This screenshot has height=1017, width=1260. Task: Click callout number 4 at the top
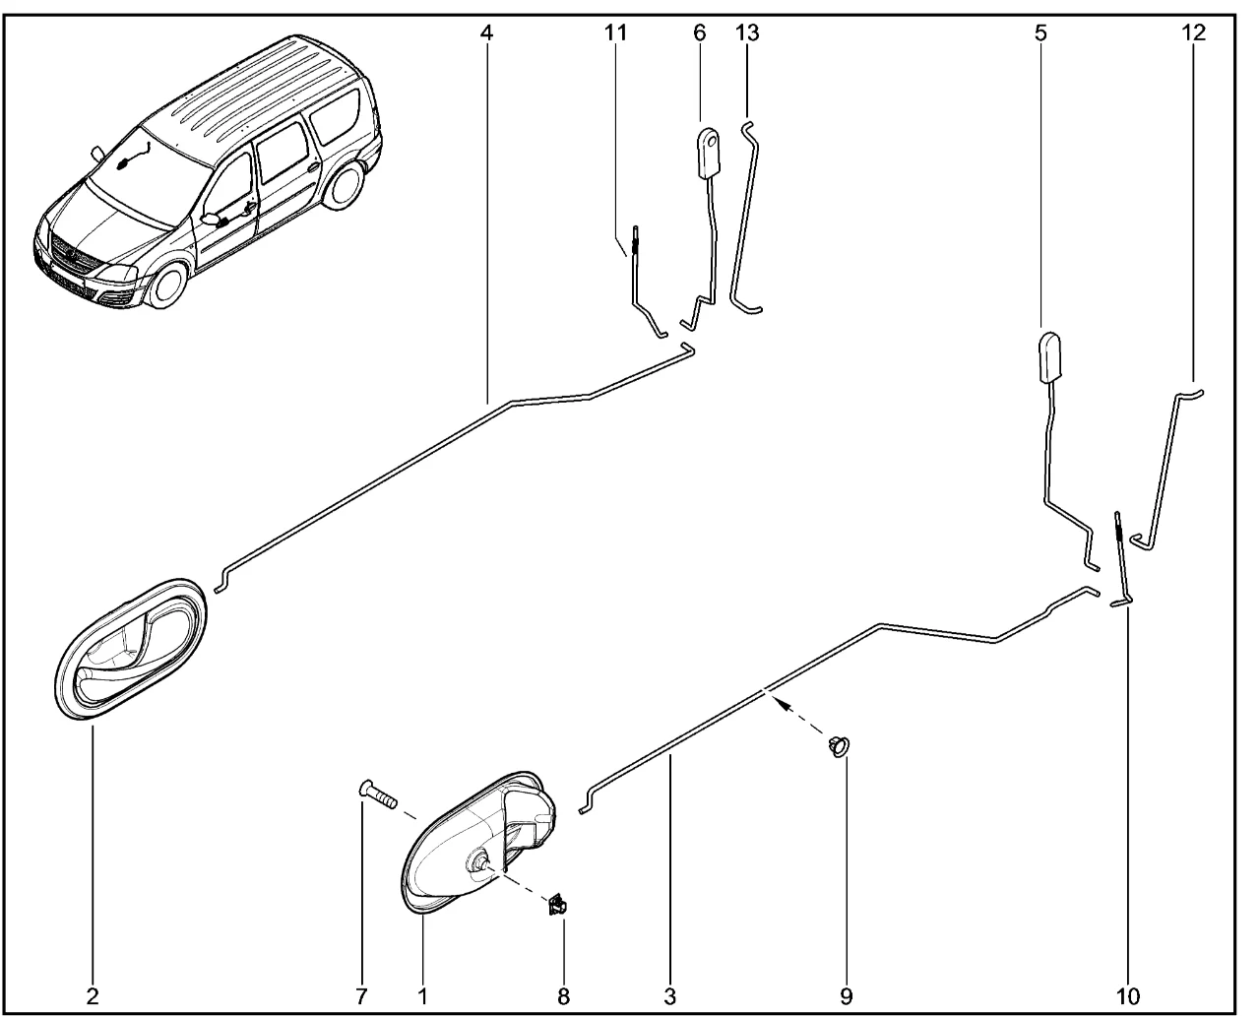(x=485, y=32)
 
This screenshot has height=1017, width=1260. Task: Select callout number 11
(x=615, y=32)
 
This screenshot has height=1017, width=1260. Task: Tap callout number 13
(x=747, y=32)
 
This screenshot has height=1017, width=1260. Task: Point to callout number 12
(x=1193, y=32)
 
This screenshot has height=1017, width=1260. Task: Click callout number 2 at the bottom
(x=93, y=997)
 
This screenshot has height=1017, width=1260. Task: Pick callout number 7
(x=361, y=997)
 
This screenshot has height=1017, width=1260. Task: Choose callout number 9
(x=846, y=997)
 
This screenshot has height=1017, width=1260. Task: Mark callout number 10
(x=1127, y=997)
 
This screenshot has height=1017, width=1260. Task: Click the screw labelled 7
(x=377, y=795)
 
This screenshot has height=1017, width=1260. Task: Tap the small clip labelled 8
(x=558, y=905)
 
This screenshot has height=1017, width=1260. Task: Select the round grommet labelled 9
(x=839, y=746)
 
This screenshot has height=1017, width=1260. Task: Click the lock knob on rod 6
(x=708, y=154)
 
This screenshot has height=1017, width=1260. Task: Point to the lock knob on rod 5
(x=1050, y=356)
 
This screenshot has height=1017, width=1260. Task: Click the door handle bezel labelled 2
(x=130, y=649)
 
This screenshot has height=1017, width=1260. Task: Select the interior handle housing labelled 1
(x=479, y=842)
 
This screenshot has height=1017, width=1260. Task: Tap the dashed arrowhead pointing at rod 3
(x=776, y=703)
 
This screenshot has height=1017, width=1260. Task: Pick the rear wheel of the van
(x=345, y=184)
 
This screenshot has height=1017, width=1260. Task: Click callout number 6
(x=699, y=32)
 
